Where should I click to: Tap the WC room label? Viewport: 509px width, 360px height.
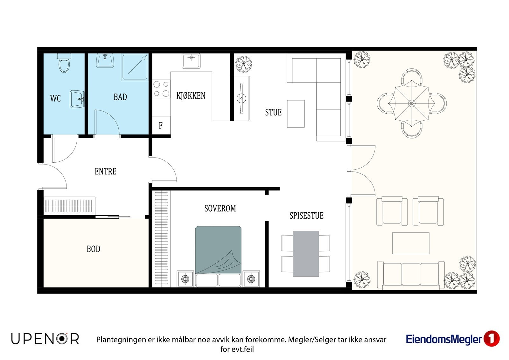(55, 98)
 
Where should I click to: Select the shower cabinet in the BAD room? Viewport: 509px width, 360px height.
(135, 67)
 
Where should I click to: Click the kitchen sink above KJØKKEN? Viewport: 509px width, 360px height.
(191, 61)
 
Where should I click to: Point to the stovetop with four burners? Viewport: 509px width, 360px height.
(161, 89)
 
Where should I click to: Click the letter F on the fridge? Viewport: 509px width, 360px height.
(161, 125)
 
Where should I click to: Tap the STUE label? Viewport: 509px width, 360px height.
(273, 112)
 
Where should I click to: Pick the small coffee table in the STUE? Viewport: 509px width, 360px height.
(296, 114)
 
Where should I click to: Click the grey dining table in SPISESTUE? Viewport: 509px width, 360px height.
(306, 254)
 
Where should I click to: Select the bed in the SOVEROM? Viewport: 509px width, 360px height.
(218, 256)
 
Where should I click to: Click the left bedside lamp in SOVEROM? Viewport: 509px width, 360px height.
(185, 279)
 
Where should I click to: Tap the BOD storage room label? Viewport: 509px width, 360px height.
(94, 249)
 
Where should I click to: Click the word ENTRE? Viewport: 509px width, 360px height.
(105, 172)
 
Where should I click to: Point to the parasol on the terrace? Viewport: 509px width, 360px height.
(412, 103)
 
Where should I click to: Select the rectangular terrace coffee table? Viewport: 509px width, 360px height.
(411, 243)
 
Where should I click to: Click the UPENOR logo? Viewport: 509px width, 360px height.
(45, 339)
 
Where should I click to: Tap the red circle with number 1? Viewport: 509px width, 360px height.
(492, 339)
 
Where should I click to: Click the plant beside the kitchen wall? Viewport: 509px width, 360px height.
(244, 64)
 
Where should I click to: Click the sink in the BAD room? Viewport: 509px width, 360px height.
(105, 61)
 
